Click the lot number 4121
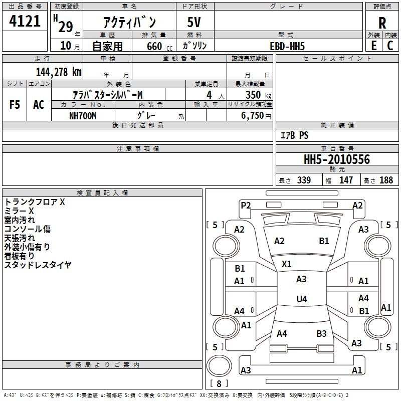point(25,21)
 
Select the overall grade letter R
point(382,23)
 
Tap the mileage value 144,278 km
point(59,72)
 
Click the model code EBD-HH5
point(287,46)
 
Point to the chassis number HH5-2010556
point(337,159)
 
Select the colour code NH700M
point(83,116)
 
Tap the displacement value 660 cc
point(159,47)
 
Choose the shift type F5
point(15,105)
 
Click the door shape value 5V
point(194,22)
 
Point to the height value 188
point(386,180)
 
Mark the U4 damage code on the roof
point(302,299)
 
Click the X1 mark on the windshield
point(286,264)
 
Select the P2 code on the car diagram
point(246,206)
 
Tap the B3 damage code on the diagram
point(321,334)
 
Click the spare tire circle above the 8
point(219,366)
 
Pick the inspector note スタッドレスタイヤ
point(38,265)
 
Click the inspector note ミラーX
point(19,211)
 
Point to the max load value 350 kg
point(258,95)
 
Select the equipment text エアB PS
point(295,135)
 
